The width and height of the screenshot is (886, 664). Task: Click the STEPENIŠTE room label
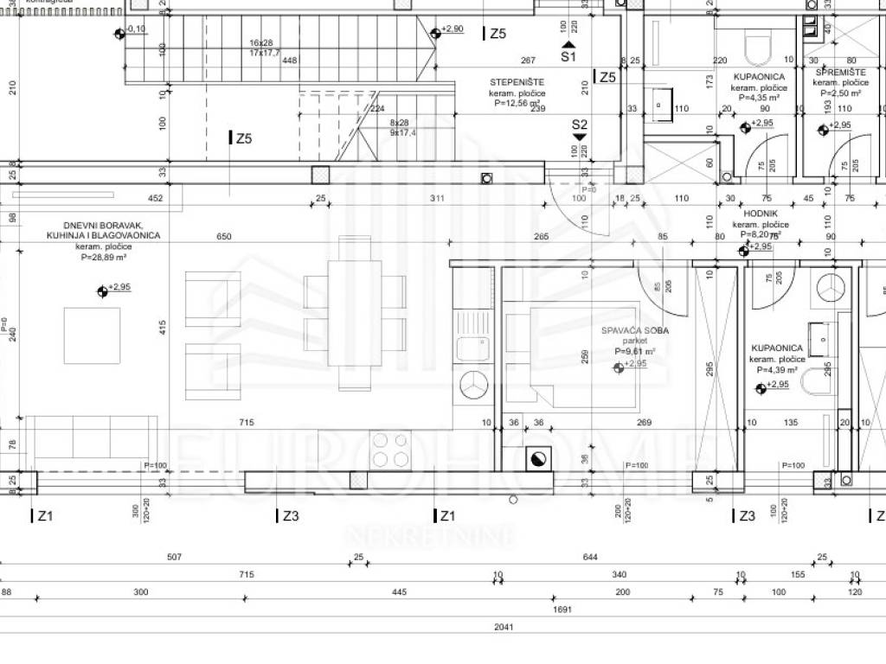(x=517, y=82)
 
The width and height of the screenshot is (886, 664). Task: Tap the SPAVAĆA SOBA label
(x=636, y=331)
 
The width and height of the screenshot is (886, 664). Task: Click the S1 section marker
(x=568, y=57)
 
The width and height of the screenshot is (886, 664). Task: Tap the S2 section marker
(x=580, y=124)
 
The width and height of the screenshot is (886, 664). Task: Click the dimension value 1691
(x=562, y=609)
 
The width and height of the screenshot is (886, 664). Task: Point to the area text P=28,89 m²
(x=105, y=257)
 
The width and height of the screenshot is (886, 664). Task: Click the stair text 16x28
(x=260, y=42)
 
